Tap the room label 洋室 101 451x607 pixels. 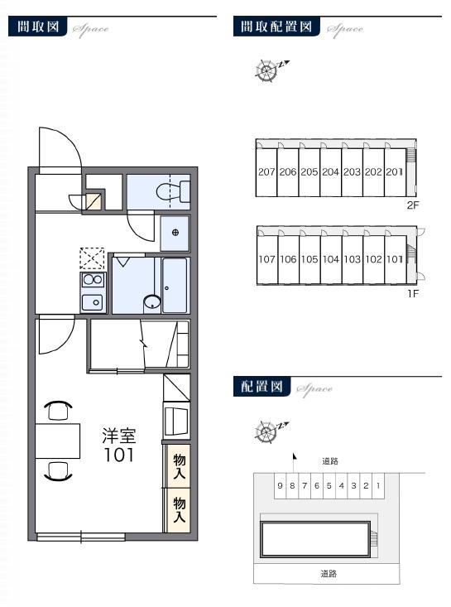(118, 446)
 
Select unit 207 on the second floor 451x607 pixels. (266, 171)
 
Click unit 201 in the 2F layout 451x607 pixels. (395, 171)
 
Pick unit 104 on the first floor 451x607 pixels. (331, 258)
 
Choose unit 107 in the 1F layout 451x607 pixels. (266, 258)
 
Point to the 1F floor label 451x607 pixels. (412, 291)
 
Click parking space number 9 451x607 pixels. (281, 486)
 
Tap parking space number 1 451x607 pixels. (377, 486)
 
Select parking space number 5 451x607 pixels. (329, 486)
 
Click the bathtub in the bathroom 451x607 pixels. (175, 286)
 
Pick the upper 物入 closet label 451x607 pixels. (178, 466)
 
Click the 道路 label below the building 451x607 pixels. (328, 573)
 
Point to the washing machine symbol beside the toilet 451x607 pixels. (175, 232)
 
